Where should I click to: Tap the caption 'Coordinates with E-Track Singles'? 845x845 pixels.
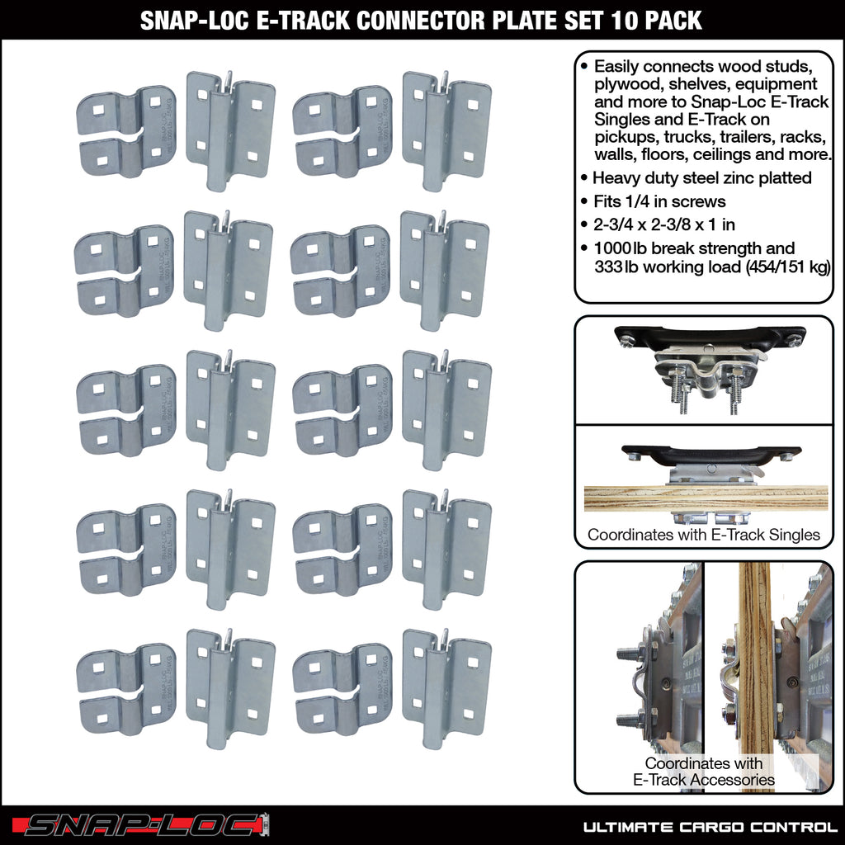pos(703,535)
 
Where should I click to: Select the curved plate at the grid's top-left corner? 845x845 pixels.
pos(126,132)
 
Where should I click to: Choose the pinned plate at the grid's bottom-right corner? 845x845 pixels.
pos(446,688)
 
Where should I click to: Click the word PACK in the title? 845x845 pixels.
pos(675,20)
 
